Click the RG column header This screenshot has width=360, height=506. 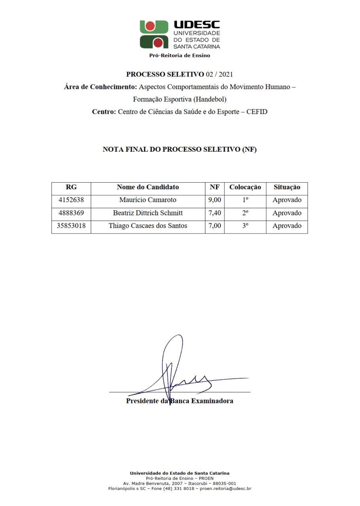click(x=71, y=187)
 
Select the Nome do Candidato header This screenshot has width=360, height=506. click(x=148, y=187)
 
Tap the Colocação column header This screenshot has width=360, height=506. click(x=245, y=187)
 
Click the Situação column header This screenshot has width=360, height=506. click(x=287, y=187)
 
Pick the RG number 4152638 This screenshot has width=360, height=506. click(x=71, y=200)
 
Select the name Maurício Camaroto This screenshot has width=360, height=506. click(x=148, y=200)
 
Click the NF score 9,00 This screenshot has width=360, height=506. click(x=214, y=200)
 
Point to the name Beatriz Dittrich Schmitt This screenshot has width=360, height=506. click(x=148, y=213)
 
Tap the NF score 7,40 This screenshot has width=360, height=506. click(x=214, y=213)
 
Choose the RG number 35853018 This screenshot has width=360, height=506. click(x=71, y=226)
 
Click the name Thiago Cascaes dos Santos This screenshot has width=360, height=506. click(x=148, y=226)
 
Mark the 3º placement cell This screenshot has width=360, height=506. click(x=245, y=226)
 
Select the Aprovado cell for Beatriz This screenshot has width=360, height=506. click(x=287, y=213)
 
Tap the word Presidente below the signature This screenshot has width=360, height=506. click(x=142, y=401)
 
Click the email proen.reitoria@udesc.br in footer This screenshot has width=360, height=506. click(x=225, y=489)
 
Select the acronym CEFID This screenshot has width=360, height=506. click(x=257, y=112)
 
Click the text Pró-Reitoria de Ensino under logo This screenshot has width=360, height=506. click(x=180, y=56)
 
